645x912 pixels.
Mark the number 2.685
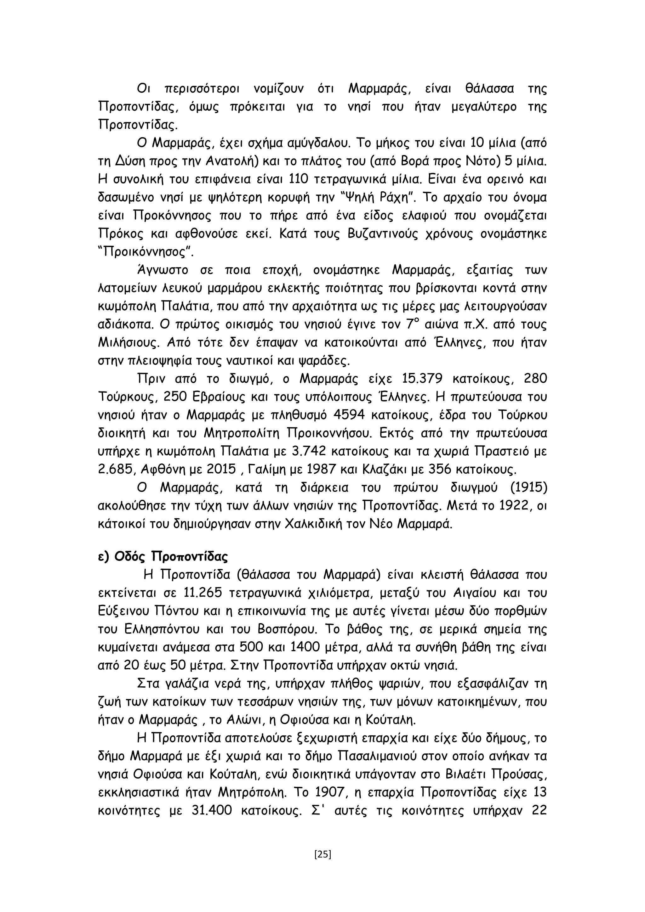point(114,470)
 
